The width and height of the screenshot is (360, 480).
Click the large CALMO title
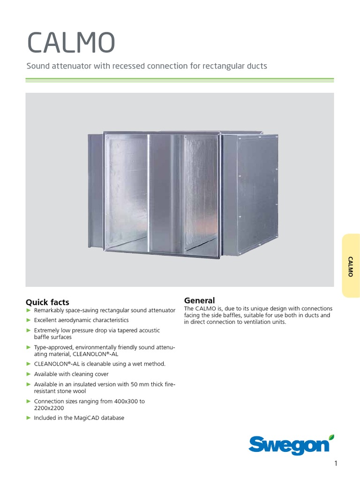(71, 43)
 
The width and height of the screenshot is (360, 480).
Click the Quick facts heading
(47, 302)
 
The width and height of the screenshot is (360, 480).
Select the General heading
(199, 300)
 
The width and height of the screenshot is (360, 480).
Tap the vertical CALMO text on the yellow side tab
(350, 267)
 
